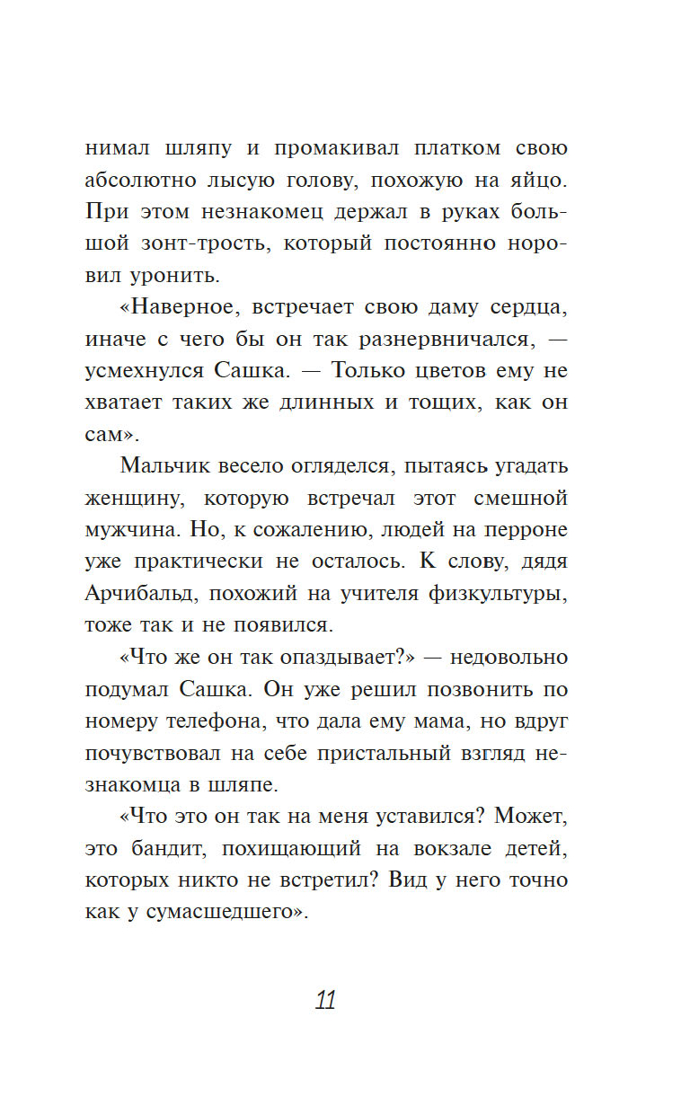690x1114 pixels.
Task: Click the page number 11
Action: pos(325,1000)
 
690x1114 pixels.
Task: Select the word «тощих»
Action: pos(450,402)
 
